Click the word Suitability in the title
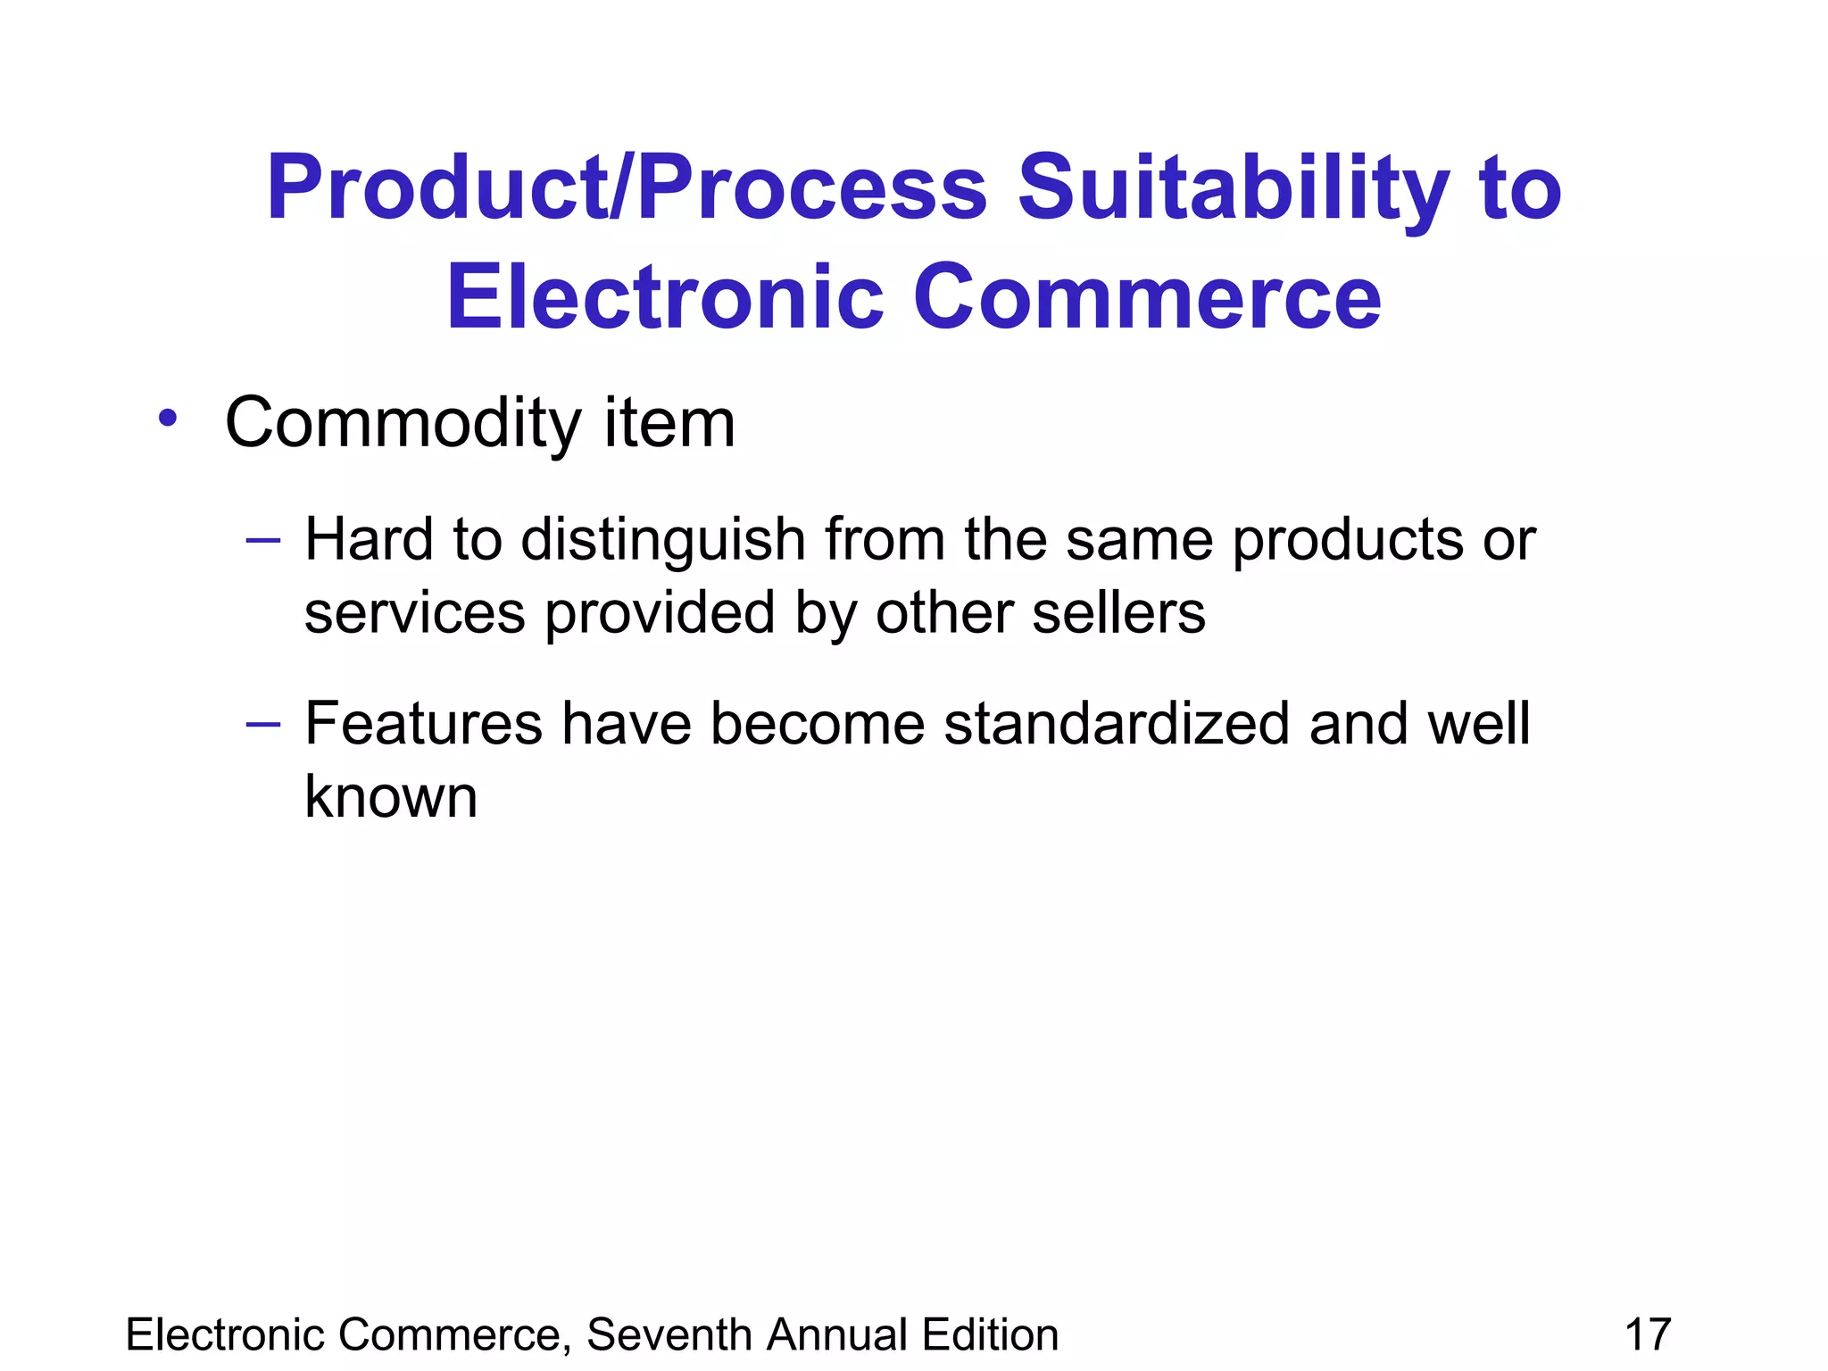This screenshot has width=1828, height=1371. [x=1234, y=189]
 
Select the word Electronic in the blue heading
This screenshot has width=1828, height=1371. [x=665, y=297]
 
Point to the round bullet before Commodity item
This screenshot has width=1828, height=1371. [x=168, y=417]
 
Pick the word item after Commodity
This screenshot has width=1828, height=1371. [x=669, y=422]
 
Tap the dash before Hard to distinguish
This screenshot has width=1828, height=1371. [x=263, y=540]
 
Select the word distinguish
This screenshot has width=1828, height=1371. [x=663, y=542]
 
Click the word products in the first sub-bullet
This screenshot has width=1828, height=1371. [x=1348, y=542]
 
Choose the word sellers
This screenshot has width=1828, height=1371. [x=1118, y=614]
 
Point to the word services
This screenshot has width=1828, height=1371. [x=415, y=614]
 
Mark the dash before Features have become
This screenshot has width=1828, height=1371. [x=263, y=723]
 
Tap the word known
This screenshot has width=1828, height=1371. [x=391, y=796]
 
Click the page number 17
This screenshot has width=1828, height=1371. [x=1648, y=1335]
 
